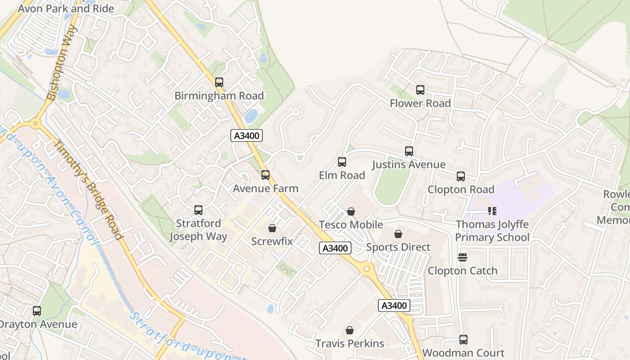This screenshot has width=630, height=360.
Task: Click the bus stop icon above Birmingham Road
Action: tap(219, 82)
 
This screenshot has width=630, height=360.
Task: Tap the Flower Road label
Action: tap(420, 103)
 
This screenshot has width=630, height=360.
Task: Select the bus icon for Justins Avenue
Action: tap(409, 151)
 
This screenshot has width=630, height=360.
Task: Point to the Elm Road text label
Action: tap(342, 175)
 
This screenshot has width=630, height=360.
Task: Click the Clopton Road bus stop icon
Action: tap(461, 176)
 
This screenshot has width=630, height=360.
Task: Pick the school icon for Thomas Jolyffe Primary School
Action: tap(492, 211)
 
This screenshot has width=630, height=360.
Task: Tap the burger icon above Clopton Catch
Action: tap(463, 257)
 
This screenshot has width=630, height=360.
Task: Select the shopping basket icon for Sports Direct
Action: tap(398, 234)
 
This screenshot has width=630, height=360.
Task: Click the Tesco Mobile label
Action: tap(351, 225)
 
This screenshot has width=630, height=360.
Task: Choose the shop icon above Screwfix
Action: tap(272, 228)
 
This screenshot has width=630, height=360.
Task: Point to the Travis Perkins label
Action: tap(350, 343)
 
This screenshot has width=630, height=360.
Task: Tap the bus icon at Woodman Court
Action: tap(463, 340)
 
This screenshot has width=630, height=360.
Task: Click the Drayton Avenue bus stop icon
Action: tap(37, 311)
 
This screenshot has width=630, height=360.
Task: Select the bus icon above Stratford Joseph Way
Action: tap(198, 210)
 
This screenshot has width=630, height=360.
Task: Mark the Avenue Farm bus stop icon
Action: tap(265, 175)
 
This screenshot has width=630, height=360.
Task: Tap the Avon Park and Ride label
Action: tap(66, 9)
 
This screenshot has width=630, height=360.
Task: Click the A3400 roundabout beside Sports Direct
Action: tap(367, 269)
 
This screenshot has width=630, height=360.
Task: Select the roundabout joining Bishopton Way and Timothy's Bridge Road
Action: tap(36, 124)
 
